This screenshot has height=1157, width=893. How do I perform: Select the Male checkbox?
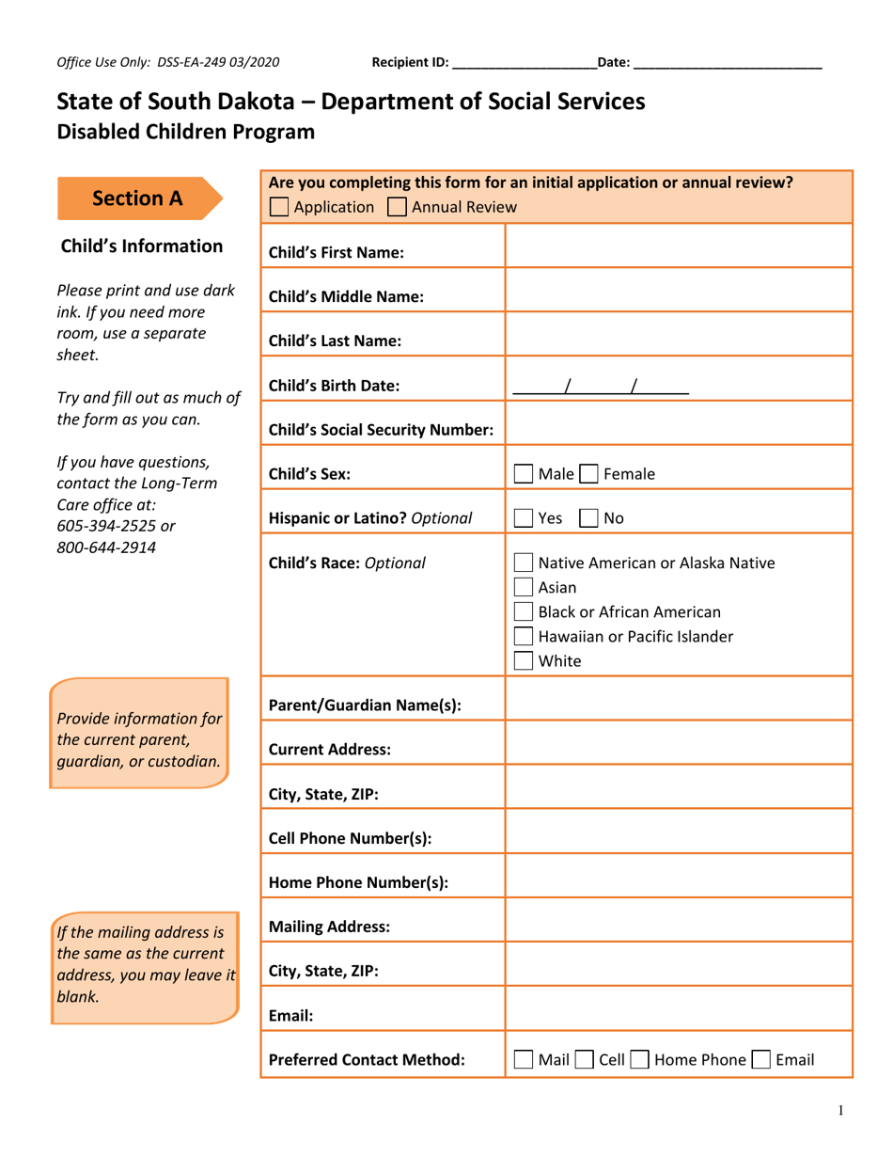coord(525,474)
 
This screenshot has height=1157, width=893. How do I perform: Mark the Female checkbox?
coord(588,474)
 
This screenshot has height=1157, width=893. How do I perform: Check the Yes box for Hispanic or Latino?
coord(525,517)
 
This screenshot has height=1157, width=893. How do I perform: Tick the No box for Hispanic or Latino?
coord(588,517)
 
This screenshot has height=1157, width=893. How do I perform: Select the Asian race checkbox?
coord(525,588)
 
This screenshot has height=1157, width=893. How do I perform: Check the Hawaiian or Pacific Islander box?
coord(525,637)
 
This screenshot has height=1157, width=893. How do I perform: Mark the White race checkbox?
coord(525,660)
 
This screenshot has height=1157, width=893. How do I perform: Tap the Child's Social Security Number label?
coord(381,431)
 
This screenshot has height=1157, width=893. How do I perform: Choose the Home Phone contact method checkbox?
coord(639,1060)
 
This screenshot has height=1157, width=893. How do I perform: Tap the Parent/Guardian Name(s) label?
coord(365,705)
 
